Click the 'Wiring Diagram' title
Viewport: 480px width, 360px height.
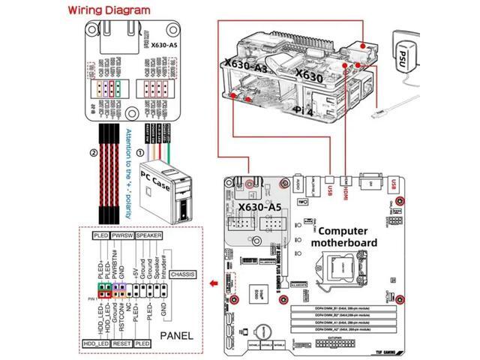108,11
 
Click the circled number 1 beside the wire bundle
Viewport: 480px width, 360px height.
142,154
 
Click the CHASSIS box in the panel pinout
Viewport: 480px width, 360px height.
183,274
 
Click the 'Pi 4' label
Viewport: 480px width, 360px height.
304,110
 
